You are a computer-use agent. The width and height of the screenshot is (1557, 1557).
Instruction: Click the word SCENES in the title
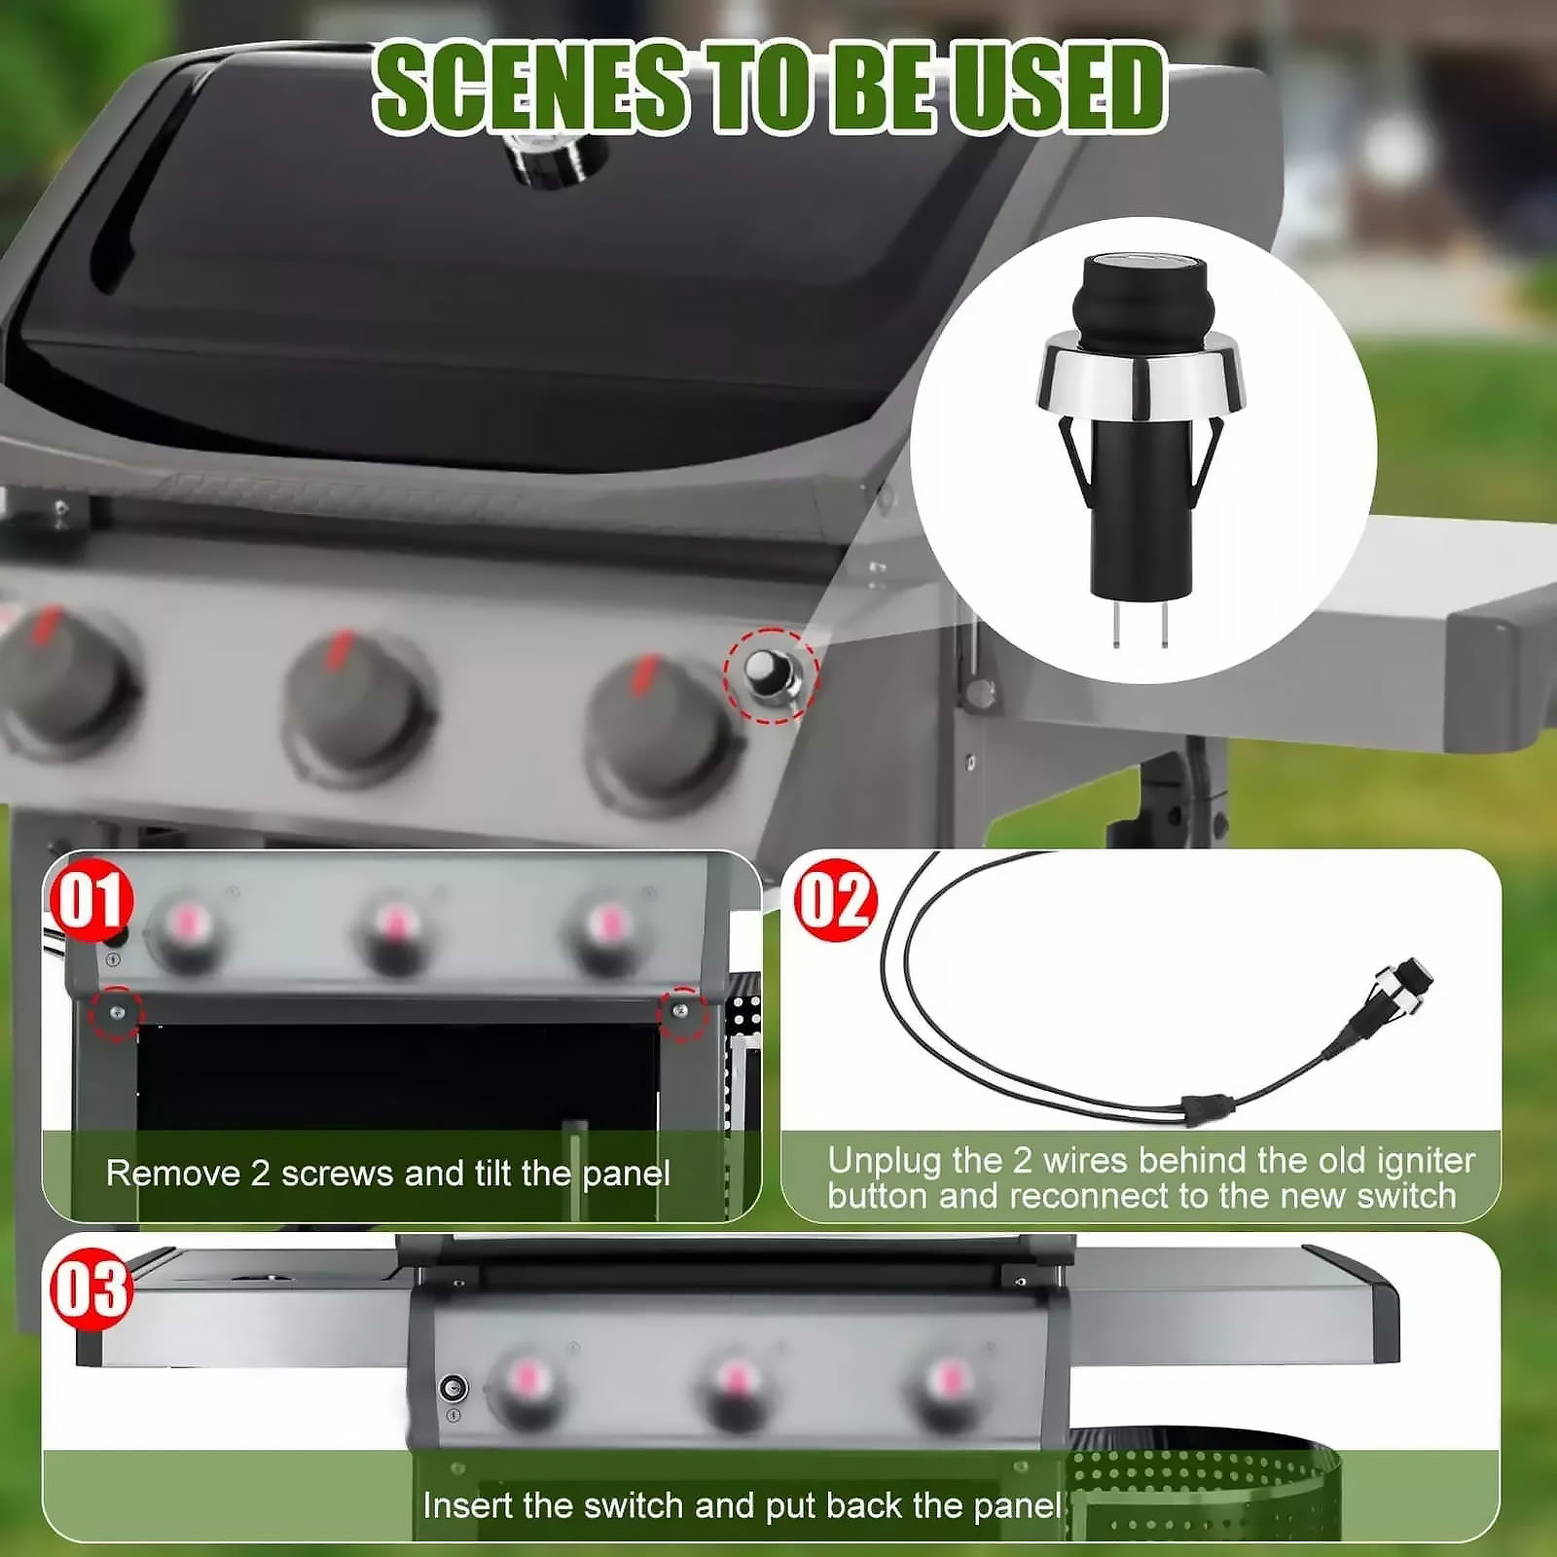click(531, 88)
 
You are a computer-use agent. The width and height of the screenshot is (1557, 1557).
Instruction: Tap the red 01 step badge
click(91, 900)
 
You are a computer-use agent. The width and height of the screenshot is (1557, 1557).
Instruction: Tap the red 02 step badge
click(836, 900)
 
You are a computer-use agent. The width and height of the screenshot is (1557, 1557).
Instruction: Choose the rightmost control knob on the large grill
click(662, 735)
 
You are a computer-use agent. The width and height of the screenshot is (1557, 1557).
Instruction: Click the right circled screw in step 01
click(680, 1012)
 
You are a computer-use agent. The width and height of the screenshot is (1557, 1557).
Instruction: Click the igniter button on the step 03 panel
click(453, 1389)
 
